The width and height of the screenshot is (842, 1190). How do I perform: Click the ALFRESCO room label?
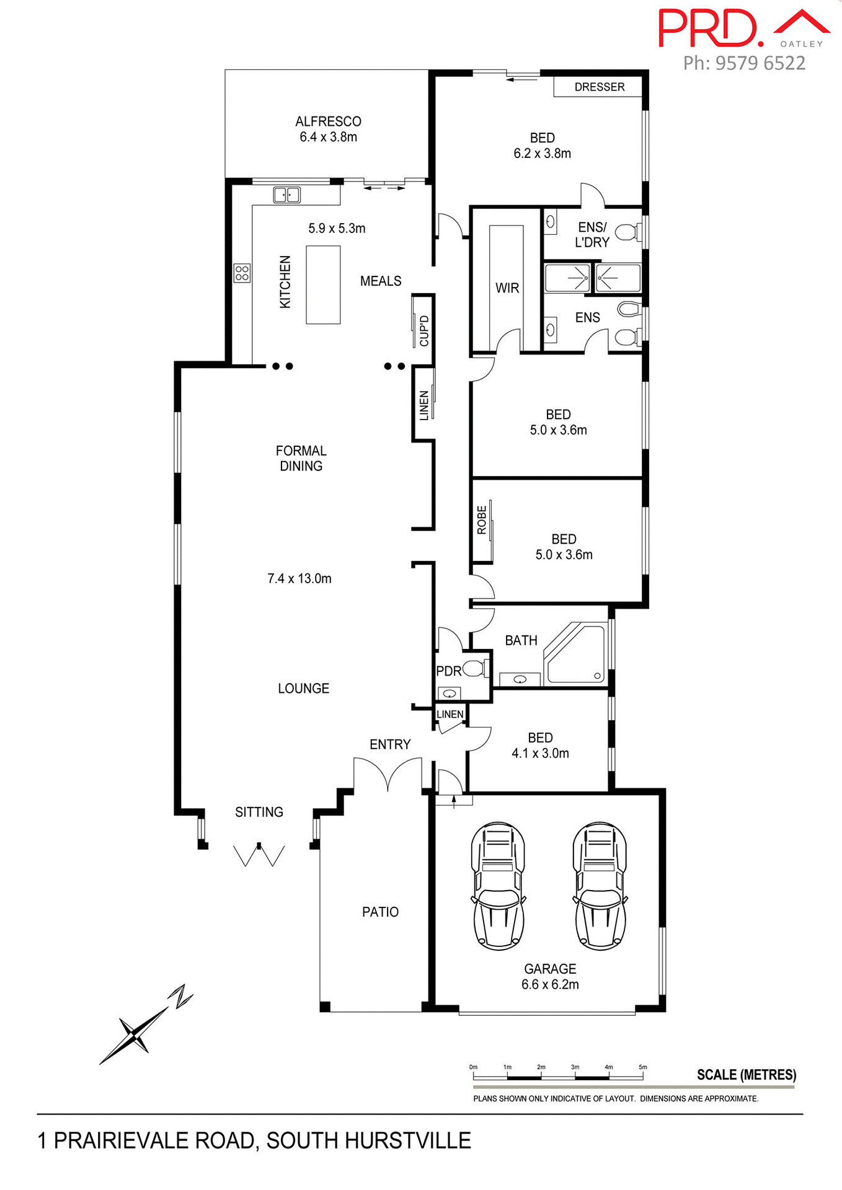(328, 121)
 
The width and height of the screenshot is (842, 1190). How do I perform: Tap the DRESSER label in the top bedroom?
(599, 87)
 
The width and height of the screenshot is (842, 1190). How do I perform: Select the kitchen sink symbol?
(286, 195)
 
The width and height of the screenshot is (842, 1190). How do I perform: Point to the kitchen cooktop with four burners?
(242, 273)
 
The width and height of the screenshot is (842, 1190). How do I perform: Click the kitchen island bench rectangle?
(323, 284)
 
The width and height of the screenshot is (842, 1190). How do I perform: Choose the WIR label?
(507, 288)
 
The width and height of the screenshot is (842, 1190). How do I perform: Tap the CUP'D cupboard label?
(424, 330)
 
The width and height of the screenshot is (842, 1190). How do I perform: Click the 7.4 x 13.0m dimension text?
(299, 578)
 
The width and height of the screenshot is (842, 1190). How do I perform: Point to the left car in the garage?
(498, 886)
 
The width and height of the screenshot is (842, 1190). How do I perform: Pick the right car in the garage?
(600, 886)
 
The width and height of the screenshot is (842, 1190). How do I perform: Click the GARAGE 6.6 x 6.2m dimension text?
(550, 984)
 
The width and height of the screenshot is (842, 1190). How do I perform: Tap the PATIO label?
(380, 912)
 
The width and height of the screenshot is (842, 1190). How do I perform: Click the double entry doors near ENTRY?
(388, 774)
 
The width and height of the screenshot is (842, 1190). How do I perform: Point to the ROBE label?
(482, 520)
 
